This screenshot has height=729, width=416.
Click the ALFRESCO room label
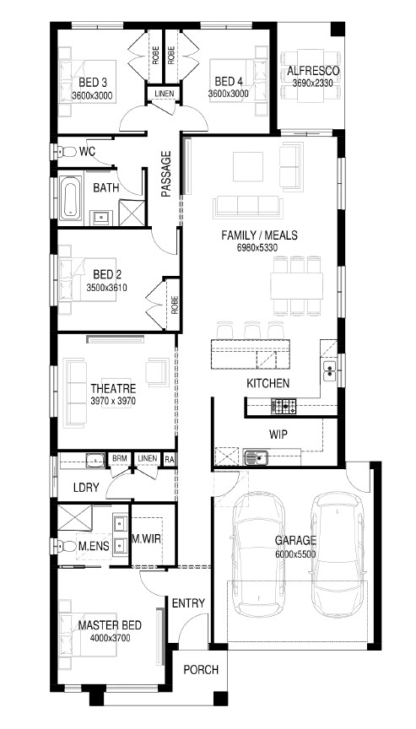(313, 71)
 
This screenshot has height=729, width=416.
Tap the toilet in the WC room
(66, 152)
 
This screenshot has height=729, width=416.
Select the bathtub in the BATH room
(71, 197)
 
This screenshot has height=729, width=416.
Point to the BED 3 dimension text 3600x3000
(92, 96)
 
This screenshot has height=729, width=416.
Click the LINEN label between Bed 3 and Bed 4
(164, 94)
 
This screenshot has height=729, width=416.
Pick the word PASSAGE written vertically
(166, 174)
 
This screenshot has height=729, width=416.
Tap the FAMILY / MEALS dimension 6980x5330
(257, 248)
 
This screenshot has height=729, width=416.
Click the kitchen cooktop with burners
(283, 407)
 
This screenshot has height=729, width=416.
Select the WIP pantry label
(278, 435)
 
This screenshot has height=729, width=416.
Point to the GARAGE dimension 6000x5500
(295, 554)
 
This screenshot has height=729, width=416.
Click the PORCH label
(201, 670)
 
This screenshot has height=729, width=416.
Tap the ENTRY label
(188, 603)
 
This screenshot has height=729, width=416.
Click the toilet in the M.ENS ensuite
(65, 545)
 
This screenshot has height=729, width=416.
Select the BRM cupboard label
(120, 459)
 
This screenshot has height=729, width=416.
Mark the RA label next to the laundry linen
(170, 459)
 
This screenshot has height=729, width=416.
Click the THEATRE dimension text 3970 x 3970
(113, 401)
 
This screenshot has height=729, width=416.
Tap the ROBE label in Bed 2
(175, 305)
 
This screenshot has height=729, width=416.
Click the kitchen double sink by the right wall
(330, 370)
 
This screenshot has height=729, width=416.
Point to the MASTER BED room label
(110, 626)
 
